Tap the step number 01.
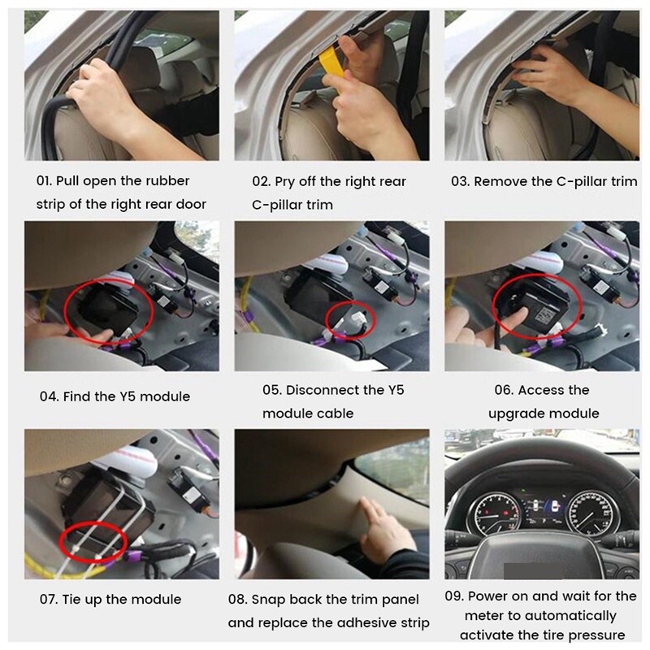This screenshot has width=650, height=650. tap(45, 181)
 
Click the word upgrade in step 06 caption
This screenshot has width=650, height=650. tap(517, 414)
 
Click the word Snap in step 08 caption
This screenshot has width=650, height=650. tap(267, 600)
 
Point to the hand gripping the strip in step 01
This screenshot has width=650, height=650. tap(106, 93)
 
